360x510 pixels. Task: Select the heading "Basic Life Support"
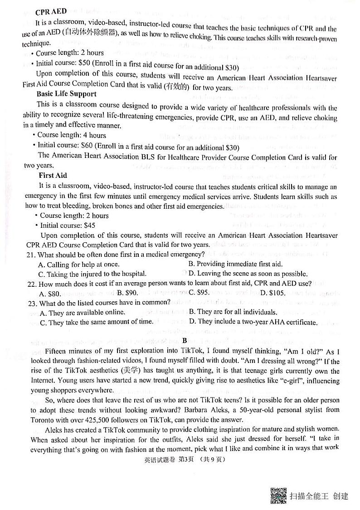click(x=66, y=94)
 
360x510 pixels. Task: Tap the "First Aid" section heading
click(x=53, y=175)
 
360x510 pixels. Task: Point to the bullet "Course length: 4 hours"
click(x=71, y=135)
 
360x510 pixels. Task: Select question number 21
click(x=32, y=255)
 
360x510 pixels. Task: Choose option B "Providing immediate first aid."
click(x=235, y=264)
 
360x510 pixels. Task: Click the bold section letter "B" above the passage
click(x=185, y=341)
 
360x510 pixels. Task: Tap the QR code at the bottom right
click(x=278, y=495)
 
